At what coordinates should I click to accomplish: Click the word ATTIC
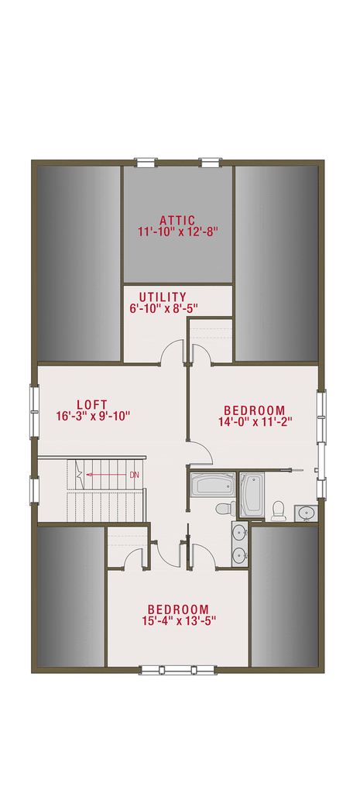pyautogui.click(x=177, y=220)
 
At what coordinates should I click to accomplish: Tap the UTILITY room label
pyautogui.click(x=163, y=297)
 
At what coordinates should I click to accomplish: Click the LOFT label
pyautogui.click(x=91, y=404)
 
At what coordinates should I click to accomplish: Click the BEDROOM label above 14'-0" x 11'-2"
pyautogui.click(x=254, y=410)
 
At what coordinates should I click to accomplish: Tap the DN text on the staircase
pyautogui.click(x=134, y=475)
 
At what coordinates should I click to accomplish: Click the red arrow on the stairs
pyautogui.click(x=105, y=475)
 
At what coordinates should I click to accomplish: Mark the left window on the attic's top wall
pyautogui.click(x=146, y=163)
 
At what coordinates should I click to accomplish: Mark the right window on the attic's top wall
pyautogui.click(x=210, y=163)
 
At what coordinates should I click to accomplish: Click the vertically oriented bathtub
pyautogui.click(x=252, y=493)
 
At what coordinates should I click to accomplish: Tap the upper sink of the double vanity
pyautogui.click(x=239, y=533)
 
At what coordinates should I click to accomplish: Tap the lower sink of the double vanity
pyautogui.click(x=239, y=554)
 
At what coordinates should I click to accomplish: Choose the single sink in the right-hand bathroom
pyautogui.click(x=305, y=513)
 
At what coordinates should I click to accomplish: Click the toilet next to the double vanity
pyautogui.click(x=224, y=509)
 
